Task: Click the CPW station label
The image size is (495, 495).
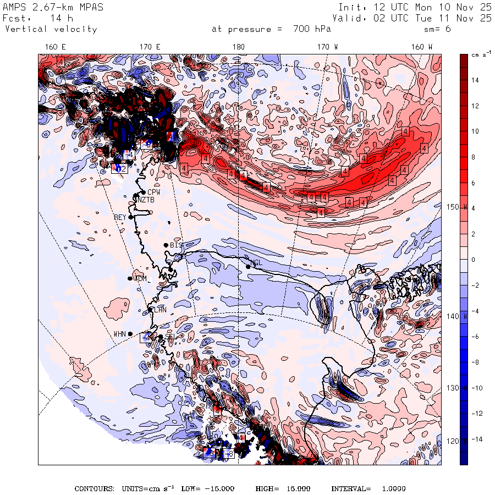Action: click(x=153, y=192)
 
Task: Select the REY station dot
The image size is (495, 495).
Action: click(x=131, y=217)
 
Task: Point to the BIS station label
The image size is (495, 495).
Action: click(x=176, y=245)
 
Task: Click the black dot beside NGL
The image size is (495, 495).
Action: click(x=249, y=267)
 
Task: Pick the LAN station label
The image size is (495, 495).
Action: click(x=160, y=310)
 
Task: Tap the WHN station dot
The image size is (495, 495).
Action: click(x=130, y=334)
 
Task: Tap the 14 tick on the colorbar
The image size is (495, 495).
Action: click(x=474, y=80)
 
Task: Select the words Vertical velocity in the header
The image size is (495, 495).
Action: click(x=51, y=29)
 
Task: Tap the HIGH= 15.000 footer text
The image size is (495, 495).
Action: click(x=283, y=488)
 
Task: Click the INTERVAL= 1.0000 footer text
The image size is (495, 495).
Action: click(x=368, y=488)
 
